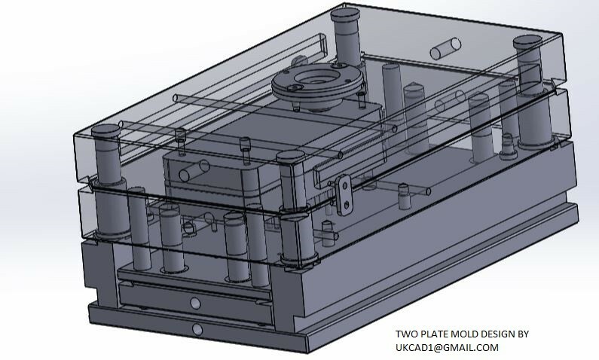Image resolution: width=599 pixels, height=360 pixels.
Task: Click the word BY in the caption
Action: [x=532, y=334]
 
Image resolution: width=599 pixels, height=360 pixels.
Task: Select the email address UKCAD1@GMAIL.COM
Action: [x=447, y=347]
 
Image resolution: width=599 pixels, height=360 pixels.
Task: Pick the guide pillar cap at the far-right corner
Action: [x=529, y=41]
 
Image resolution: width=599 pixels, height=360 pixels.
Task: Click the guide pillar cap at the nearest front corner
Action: [x=290, y=156]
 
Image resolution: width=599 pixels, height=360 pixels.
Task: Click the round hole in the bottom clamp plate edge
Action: [x=197, y=329]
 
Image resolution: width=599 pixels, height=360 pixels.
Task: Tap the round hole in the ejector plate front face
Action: [x=195, y=303]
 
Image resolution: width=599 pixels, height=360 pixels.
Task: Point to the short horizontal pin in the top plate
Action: [x=445, y=49]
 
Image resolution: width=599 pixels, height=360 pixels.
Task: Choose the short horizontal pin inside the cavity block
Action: [x=192, y=169]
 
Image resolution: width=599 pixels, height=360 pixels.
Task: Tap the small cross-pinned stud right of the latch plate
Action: [x=405, y=197]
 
